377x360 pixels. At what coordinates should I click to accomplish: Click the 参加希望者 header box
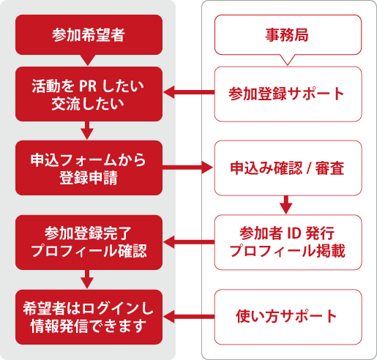pyautogui.click(x=89, y=34)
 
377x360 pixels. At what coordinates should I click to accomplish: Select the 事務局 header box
pyautogui.click(x=288, y=34)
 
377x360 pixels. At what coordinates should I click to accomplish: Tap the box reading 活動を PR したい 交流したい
pyautogui.click(x=89, y=94)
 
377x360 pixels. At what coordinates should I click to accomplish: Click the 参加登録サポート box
pyautogui.click(x=288, y=94)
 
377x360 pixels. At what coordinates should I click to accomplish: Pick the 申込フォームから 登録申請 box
pyautogui.click(x=89, y=168)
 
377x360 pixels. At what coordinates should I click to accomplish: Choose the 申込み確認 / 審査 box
pyautogui.click(x=288, y=168)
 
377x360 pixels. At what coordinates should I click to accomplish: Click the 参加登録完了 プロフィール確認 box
pyautogui.click(x=89, y=242)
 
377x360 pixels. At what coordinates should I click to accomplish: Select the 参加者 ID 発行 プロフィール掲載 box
pyautogui.click(x=288, y=242)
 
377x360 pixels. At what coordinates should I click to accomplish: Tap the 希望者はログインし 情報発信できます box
pyautogui.click(x=89, y=317)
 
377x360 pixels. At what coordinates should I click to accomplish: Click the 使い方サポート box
pyautogui.click(x=288, y=317)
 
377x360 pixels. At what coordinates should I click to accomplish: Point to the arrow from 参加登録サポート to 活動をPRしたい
pyautogui.click(x=189, y=92)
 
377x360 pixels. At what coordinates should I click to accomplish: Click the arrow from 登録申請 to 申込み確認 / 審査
pyautogui.click(x=187, y=168)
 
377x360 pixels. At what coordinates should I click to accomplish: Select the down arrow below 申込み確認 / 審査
pyautogui.click(x=286, y=205)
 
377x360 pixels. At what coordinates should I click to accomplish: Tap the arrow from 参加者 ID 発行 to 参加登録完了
pyautogui.click(x=189, y=242)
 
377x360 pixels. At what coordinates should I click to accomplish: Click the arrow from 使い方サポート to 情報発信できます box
pyautogui.click(x=189, y=317)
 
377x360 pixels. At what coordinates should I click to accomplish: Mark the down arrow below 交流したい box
pyautogui.click(x=87, y=130)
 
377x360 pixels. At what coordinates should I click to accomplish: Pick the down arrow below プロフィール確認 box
pyautogui.click(x=87, y=280)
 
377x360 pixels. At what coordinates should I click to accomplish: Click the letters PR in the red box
pyautogui.click(x=88, y=86)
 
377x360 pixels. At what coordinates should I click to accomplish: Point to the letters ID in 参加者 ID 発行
pyautogui.click(x=294, y=233)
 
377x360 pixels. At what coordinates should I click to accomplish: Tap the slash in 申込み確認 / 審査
pyautogui.click(x=309, y=168)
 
